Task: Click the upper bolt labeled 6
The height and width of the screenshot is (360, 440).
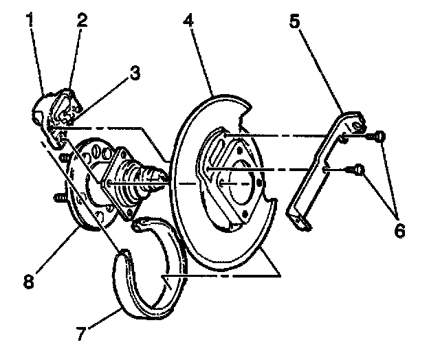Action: click(378, 137)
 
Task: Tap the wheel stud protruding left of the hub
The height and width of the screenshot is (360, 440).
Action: click(58, 200)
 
